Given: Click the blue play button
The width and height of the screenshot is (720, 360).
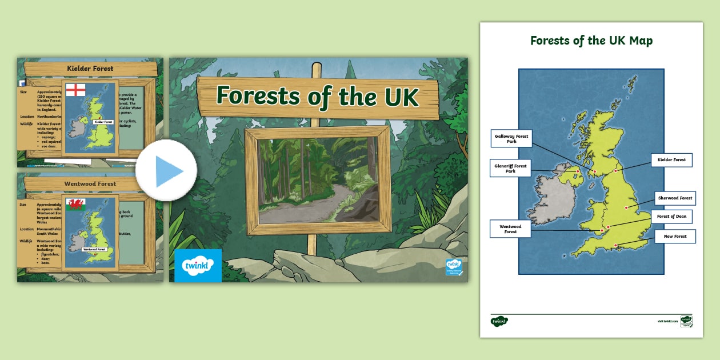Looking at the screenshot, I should click(x=166, y=171).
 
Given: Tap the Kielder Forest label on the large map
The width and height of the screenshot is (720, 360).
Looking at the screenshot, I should click(x=671, y=160).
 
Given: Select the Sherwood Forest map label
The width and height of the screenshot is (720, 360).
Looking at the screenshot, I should click(x=675, y=198).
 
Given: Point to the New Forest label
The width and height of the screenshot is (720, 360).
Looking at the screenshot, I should click(x=675, y=237).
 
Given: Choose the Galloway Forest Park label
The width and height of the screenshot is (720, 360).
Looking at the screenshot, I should click(x=511, y=139).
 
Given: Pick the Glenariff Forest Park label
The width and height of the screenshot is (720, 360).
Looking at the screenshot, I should click(x=510, y=169).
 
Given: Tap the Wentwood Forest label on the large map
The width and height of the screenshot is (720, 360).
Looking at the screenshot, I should click(x=510, y=229).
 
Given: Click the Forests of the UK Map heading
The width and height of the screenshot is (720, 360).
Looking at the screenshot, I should click(x=591, y=41).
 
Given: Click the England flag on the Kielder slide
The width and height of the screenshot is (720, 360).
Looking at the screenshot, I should click(x=76, y=90).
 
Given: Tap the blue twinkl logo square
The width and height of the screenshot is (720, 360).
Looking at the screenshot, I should click(x=198, y=266).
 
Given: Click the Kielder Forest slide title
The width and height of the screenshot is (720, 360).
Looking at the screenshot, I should click(x=90, y=69).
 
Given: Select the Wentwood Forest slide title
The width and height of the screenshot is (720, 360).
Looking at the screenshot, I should click(x=90, y=184).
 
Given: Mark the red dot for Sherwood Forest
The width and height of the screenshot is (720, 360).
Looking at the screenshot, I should click(x=627, y=208).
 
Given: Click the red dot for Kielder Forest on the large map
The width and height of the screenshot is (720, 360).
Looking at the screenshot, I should click(x=617, y=170).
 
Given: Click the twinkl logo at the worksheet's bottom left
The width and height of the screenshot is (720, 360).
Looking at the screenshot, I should click(x=499, y=321).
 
